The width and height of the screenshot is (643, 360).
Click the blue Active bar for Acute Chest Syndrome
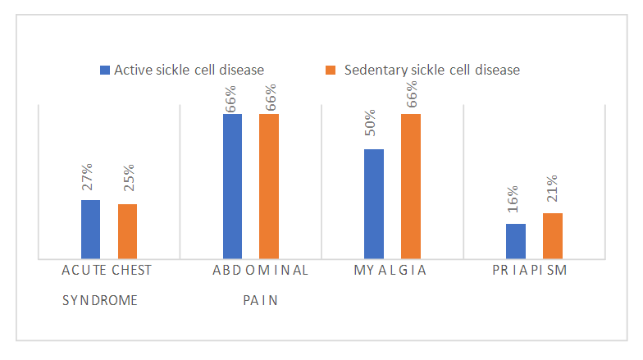click(x=90, y=230)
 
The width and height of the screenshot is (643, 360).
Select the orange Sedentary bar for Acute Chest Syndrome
click(x=127, y=231)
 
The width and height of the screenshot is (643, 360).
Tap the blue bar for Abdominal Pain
click(x=232, y=186)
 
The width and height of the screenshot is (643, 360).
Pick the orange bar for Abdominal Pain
click(x=269, y=186)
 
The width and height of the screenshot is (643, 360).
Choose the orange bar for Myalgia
click(x=411, y=186)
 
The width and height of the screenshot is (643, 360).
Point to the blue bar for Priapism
click(x=516, y=241)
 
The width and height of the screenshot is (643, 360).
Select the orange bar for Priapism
click(x=553, y=235)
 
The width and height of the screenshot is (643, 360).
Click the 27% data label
click(x=87, y=177)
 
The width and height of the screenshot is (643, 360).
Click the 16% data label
click(x=513, y=201)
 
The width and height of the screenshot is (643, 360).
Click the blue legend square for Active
click(x=105, y=71)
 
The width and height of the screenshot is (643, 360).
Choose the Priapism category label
click(x=530, y=270)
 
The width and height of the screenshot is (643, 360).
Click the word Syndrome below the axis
click(x=100, y=300)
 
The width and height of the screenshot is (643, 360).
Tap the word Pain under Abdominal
click(x=261, y=300)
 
